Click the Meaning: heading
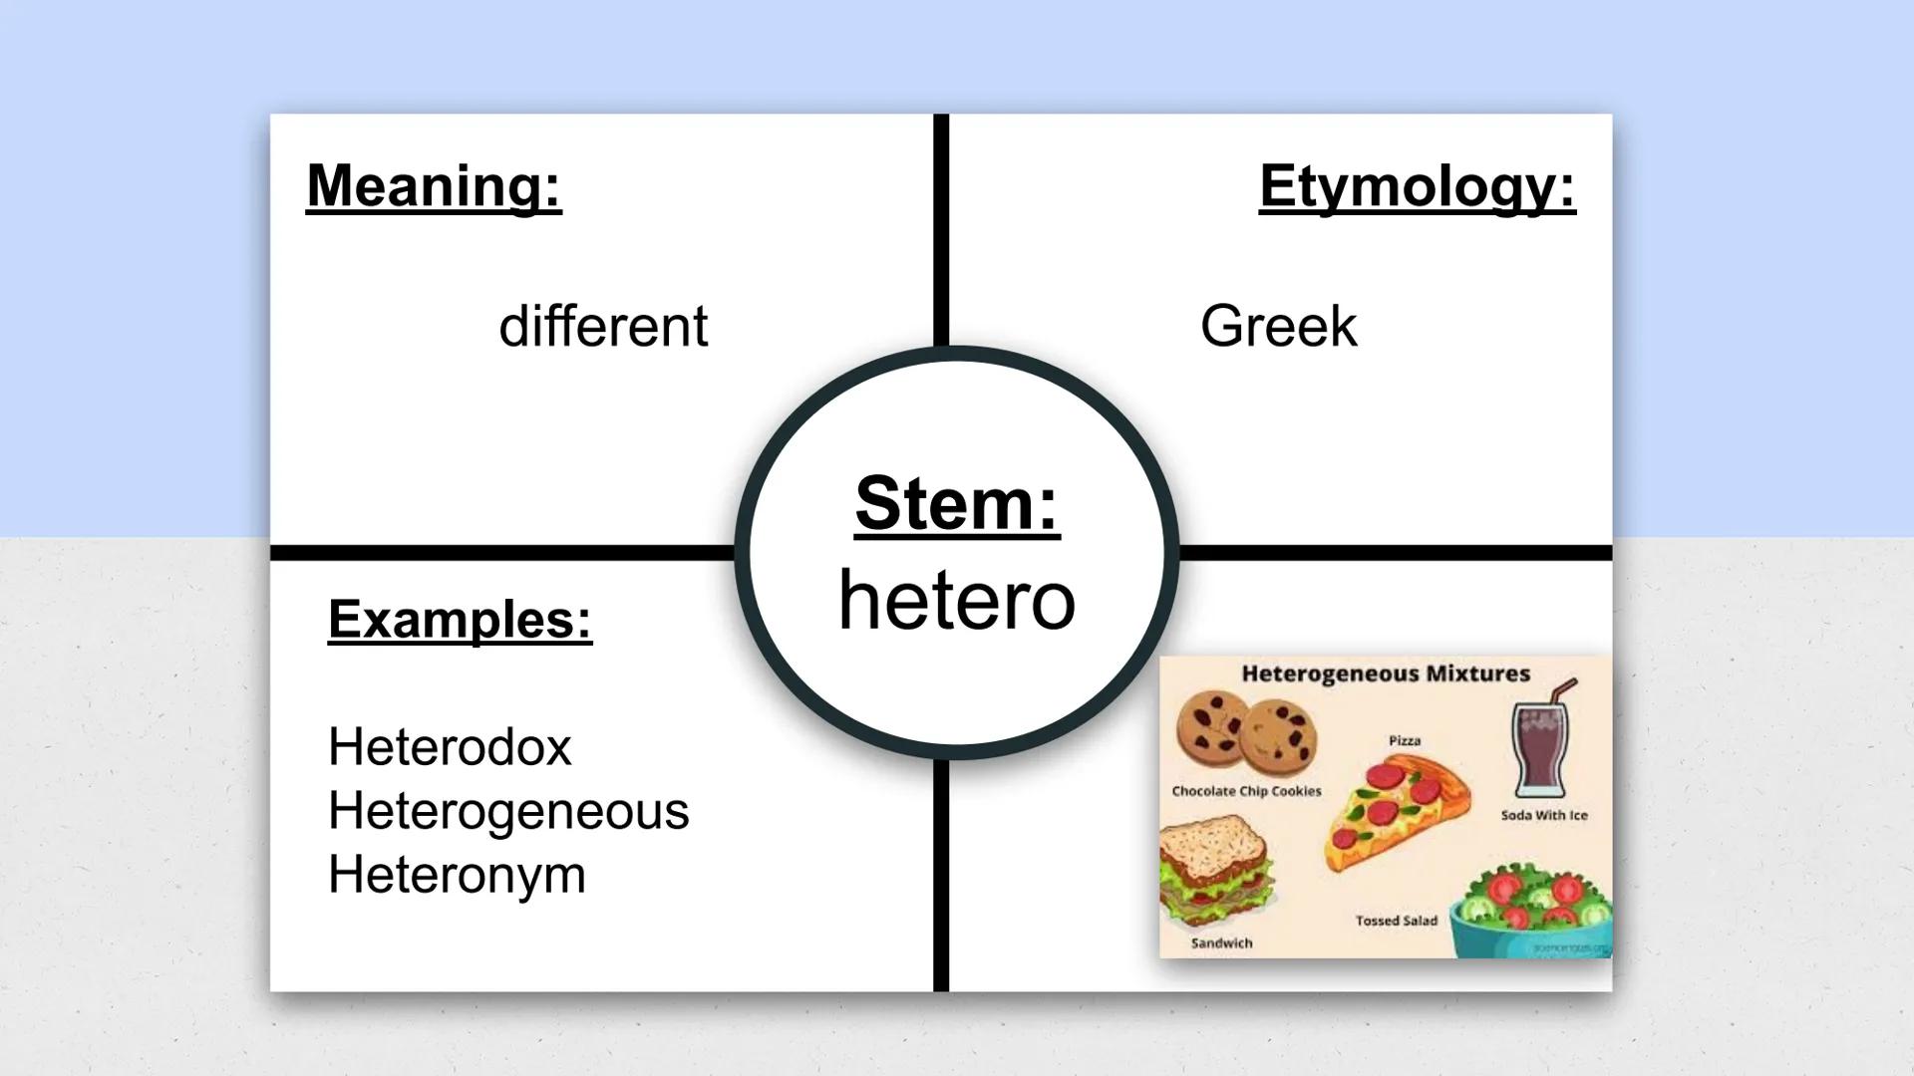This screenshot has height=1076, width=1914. point(434,186)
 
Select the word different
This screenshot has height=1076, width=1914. point(603,327)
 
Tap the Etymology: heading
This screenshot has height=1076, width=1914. point(1417,186)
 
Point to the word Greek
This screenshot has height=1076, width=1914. point(1278,327)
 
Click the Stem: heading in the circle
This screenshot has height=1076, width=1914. point(957,504)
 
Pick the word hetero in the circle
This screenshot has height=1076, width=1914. point(957,600)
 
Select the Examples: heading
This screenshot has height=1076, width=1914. point(460,620)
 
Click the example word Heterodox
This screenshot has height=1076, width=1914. point(450,747)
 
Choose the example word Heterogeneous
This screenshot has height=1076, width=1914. point(508,811)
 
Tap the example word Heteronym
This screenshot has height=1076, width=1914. point(457,875)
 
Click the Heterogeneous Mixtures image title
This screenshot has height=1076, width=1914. point(1386,674)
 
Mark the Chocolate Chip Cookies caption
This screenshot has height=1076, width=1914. point(1246,791)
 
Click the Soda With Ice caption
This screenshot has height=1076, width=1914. point(1544,815)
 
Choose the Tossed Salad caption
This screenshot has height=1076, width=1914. point(1396,921)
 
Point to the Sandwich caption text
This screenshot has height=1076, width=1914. point(1221,942)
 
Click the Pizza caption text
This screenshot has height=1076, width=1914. point(1405,740)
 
